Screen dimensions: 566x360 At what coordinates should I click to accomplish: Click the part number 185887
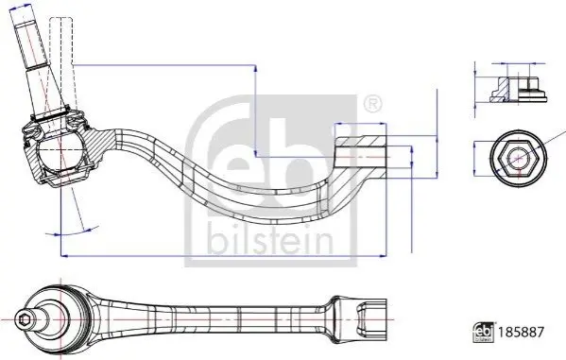point(520,332)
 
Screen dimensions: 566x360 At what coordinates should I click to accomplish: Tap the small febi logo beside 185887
point(484,332)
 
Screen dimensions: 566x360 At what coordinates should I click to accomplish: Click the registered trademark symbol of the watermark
point(371,104)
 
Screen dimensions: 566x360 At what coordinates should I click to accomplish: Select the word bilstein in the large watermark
point(269,240)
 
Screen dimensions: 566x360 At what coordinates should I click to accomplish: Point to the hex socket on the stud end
point(25,319)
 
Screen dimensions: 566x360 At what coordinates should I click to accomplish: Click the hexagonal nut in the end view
point(519,159)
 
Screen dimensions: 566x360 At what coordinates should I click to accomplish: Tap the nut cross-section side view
point(518,90)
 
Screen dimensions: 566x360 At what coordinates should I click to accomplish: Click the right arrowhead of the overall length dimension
point(383,256)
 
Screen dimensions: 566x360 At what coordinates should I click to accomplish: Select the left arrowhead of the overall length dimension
point(64,256)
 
